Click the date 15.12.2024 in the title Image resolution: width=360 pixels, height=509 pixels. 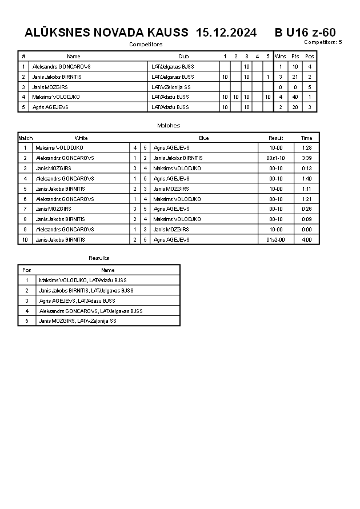tap(226, 33)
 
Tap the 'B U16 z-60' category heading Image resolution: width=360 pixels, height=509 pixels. tap(305, 33)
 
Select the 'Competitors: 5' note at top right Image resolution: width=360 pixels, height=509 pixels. tap(323, 42)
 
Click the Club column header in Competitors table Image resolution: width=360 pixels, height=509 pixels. tap(183, 57)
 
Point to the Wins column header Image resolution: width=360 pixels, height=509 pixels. tap(280, 57)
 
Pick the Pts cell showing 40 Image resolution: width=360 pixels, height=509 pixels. tap(295, 97)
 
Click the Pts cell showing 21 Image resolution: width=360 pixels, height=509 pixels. tap(295, 77)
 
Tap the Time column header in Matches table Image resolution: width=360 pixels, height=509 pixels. tap(307, 138)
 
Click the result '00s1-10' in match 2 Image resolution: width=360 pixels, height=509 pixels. tap(276, 158)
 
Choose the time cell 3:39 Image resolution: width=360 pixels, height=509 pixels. tap(307, 158)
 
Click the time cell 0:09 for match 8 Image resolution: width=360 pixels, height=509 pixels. tap(307, 219)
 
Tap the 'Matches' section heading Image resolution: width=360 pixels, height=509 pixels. tap(169, 125)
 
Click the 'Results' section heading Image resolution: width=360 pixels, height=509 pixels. tap(99, 258)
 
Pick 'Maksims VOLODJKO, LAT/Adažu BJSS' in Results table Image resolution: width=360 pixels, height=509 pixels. tap(83, 280)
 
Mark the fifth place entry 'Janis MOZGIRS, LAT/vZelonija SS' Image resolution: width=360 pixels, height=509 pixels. tap(77, 321)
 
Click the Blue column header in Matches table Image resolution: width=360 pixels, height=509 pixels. tap(204, 138)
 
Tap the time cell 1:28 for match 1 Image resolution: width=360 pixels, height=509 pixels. tap(307, 148)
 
